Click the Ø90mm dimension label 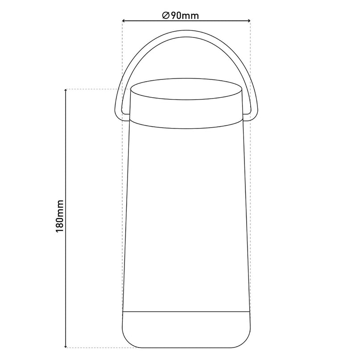click(180, 16)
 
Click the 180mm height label click(59, 216)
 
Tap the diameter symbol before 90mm click(166, 16)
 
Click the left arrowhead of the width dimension click(124, 21)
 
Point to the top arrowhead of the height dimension click(66, 91)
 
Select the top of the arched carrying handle click(186, 33)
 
